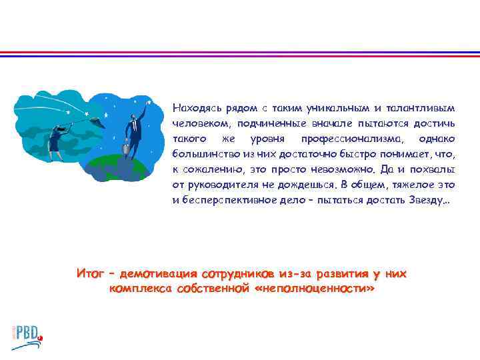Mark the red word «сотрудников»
(x=237, y=274)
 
